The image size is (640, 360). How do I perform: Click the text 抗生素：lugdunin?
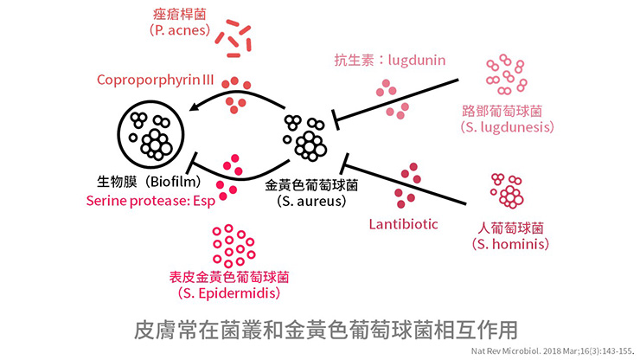coord(390,60)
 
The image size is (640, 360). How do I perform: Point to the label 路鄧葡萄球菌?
coord(502,112)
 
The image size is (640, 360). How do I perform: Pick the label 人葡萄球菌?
coord(509,228)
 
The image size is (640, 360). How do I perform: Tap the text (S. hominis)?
coord(509,245)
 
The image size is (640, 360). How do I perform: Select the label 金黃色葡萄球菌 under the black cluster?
coord(311,184)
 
